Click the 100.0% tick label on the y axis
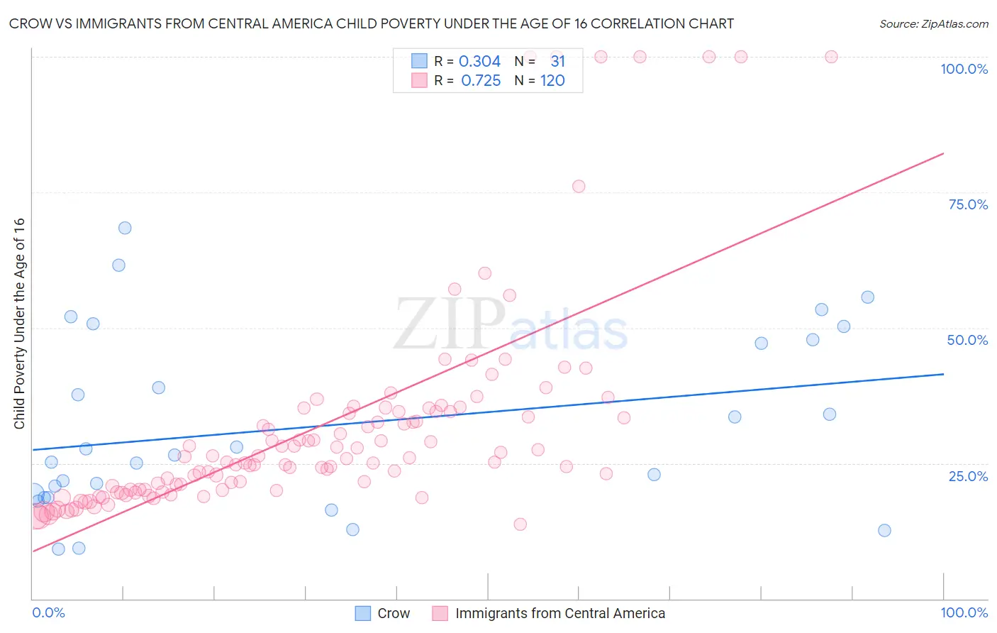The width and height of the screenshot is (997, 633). coord(964,69)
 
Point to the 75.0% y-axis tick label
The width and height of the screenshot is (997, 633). coord(968,204)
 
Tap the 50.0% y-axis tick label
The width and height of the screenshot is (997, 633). coord(967,340)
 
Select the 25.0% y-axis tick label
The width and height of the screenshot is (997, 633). coord(968,476)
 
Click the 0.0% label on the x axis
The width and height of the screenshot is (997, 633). coord(48,612)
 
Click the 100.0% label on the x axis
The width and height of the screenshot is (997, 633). coord(964,612)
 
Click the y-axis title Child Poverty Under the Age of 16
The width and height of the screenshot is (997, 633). coord(19,323)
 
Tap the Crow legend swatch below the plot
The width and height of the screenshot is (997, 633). coord(363,613)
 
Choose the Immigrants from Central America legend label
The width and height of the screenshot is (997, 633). coord(560,613)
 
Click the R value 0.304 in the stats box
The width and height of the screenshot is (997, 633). coord(479,61)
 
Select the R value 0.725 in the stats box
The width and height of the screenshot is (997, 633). coord(481,81)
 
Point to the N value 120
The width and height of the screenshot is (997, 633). coord(552,81)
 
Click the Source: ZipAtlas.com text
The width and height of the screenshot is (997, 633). coord(933,23)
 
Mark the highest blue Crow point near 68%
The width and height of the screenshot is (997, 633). coord(125,228)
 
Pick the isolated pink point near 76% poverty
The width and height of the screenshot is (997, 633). coord(579,187)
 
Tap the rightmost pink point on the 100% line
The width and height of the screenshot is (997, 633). coord(831,57)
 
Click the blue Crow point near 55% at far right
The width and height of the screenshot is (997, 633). coord(867,297)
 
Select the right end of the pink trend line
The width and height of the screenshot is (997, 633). coord(943,153)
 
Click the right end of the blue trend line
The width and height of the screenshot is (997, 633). coord(943,374)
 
